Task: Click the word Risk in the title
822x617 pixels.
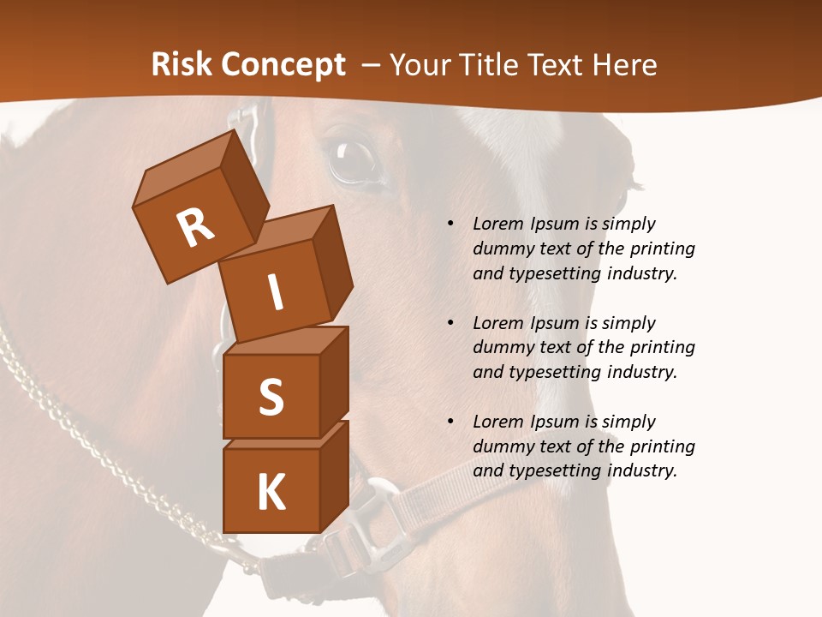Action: [181, 65]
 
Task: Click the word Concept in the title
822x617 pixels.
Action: [283, 66]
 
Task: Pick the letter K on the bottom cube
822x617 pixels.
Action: [271, 492]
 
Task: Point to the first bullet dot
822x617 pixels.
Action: [450, 224]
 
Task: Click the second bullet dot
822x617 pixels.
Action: [450, 323]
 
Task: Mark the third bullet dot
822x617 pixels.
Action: [450, 422]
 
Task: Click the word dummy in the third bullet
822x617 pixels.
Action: [502, 446]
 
